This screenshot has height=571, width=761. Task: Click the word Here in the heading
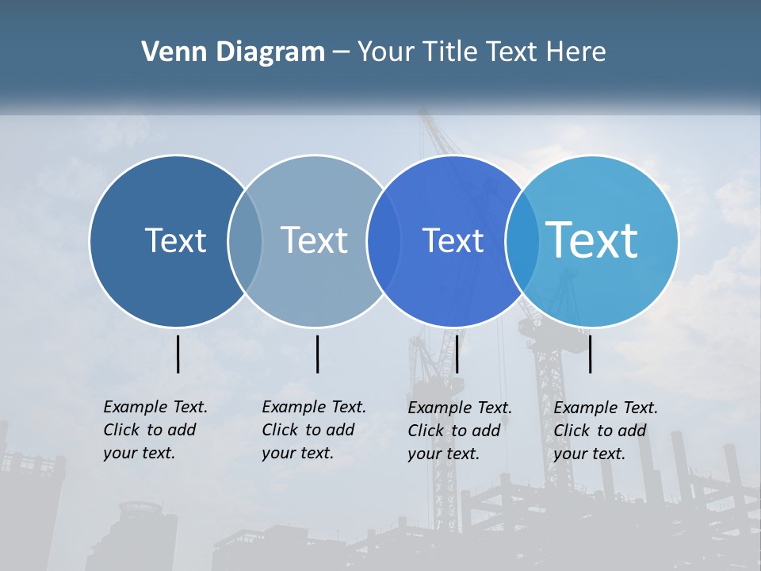(576, 52)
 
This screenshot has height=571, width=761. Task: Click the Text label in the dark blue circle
(175, 240)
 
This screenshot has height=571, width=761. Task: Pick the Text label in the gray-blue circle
(314, 240)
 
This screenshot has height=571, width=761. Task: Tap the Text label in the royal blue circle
(453, 240)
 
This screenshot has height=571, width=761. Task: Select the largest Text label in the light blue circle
(592, 240)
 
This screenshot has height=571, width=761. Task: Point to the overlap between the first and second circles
(245, 240)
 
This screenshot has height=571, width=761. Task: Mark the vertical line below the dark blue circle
(178, 354)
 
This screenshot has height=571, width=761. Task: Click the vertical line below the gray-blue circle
(317, 354)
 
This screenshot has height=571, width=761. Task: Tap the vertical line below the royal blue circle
(457, 354)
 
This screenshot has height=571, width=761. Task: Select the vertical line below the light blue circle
(591, 354)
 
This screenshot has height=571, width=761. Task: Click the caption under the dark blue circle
(155, 430)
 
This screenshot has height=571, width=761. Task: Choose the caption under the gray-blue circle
(314, 430)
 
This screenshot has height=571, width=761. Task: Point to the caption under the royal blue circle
(460, 431)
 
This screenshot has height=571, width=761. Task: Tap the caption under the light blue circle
(606, 431)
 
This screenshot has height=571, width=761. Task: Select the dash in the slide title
(341, 52)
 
